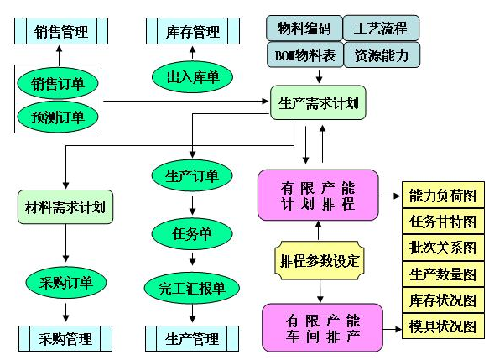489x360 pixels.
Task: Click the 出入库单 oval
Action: pyautogui.click(x=192, y=77)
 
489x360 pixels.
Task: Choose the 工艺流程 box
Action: pyautogui.click(x=382, y=29)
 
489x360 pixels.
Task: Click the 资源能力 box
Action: pyautogui.click(x=382, y=55)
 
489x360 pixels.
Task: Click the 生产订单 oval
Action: pyautogui.click(x=193, y=176)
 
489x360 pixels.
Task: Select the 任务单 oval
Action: pyautogui.click(x=193, y=232)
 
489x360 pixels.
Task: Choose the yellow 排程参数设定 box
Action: pyautogui.click(x=320, y=261)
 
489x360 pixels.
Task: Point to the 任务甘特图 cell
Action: pyautogui.click(x=443, y=222)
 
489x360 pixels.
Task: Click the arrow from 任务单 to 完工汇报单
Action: pyautogui.click(x=193, y=259)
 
